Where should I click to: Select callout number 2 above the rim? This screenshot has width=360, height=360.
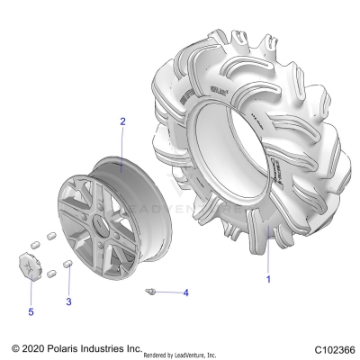(123, 121)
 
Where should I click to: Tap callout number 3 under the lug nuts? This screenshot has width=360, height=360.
(68, 301)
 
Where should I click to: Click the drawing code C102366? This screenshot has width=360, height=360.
(333, 348)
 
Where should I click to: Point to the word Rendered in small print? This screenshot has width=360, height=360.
(158, 354)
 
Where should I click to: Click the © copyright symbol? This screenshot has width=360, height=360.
(14, 347)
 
